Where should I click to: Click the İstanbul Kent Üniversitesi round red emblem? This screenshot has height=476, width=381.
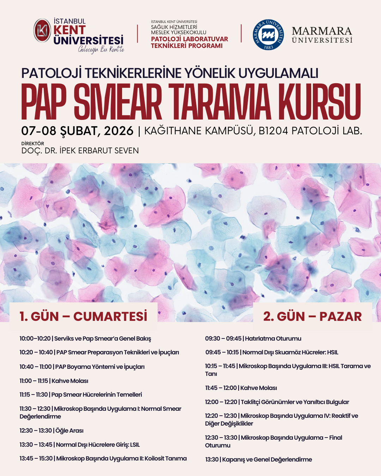[42, 31]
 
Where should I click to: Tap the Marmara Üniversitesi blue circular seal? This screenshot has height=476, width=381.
[268, 35]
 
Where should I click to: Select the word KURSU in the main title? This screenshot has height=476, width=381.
[319, 102]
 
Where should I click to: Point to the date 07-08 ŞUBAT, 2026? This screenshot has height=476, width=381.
[77, 131]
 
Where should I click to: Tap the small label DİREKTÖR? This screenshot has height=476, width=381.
[33, 144]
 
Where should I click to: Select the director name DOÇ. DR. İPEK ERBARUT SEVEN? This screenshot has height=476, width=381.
[80, 151]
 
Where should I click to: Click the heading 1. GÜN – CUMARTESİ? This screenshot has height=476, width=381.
[83, 316]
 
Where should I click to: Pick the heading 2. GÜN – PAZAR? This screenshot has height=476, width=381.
[312, 316]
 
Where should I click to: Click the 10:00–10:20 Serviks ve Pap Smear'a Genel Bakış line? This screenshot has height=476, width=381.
[85, 338]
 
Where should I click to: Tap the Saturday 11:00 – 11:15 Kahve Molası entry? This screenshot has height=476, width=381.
[54, 381]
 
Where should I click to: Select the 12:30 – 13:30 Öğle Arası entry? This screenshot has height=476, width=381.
[52, 431]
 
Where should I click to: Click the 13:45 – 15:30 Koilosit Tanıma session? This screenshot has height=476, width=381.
[103, 458]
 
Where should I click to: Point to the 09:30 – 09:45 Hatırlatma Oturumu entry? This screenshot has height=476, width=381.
[253, 338]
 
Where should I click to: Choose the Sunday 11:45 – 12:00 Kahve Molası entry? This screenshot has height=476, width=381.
[241, 388]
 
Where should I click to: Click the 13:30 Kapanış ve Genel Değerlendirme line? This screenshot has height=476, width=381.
[259, 459]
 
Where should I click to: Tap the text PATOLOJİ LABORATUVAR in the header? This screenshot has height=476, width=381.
[189, 39]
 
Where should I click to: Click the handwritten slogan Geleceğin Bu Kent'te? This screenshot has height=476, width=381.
[101, 49]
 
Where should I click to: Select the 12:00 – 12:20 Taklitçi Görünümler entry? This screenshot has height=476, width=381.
[277, 402]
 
